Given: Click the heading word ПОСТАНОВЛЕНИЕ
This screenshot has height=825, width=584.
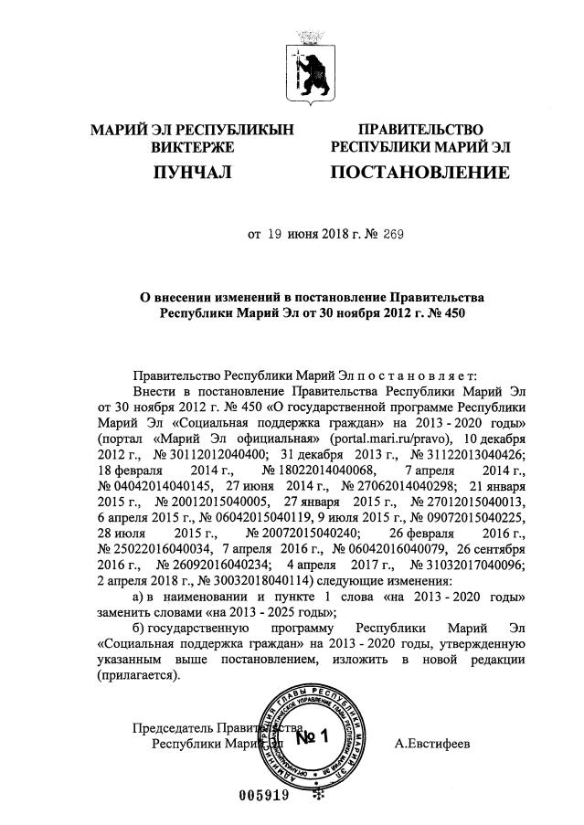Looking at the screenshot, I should tap(419, 173).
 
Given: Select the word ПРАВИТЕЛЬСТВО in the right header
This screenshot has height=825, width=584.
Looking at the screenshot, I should tap(420, 129).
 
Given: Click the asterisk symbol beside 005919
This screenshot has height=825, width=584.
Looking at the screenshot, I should tap(319, 795).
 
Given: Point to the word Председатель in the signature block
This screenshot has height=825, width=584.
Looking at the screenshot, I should tap(173, 727).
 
